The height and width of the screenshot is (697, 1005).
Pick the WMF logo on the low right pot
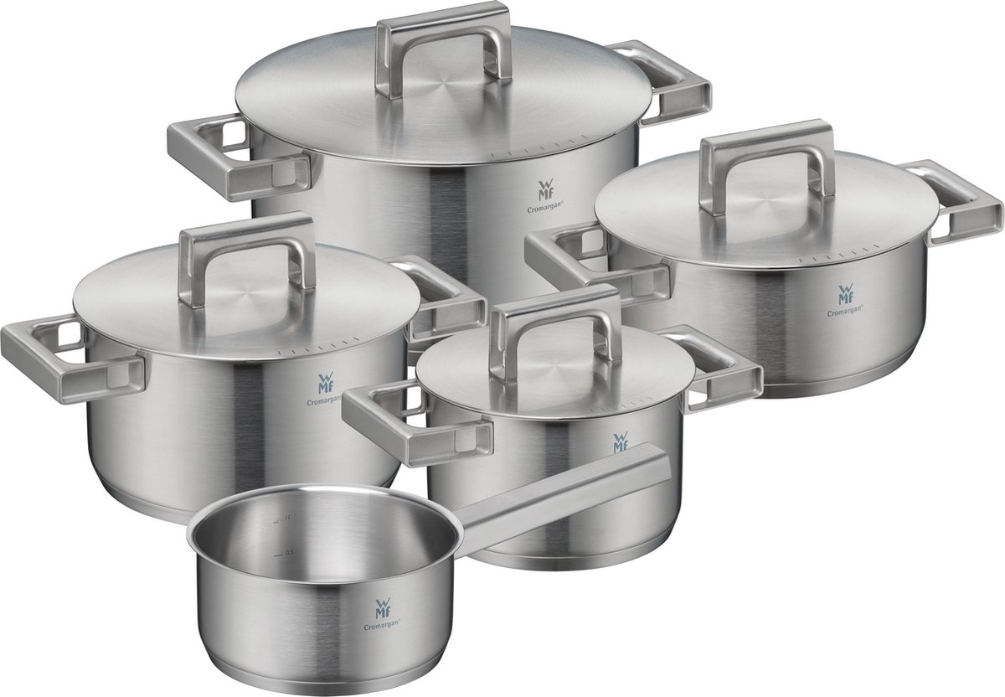point(845,295)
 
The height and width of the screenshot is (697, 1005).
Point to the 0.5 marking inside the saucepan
point(289,552)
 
